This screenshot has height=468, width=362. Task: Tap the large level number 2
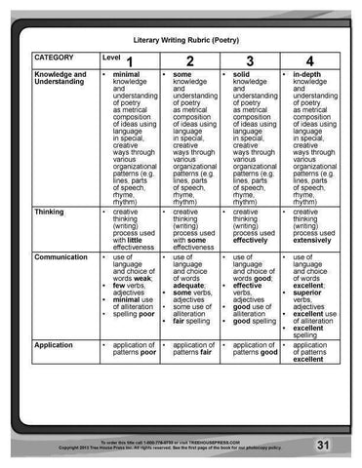189,62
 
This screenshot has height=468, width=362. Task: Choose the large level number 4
309,62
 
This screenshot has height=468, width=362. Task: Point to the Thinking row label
49,211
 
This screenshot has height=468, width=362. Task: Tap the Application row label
53,345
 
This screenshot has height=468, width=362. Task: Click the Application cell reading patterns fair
191,352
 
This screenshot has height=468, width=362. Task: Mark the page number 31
323,445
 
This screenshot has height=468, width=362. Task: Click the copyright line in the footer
171,448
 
